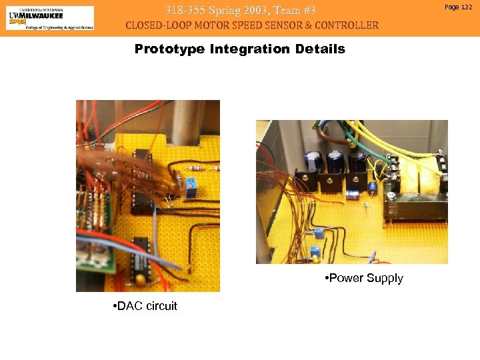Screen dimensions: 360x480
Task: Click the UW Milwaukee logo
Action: coord(50,18)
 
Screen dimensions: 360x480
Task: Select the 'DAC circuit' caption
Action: coord(145,306)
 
